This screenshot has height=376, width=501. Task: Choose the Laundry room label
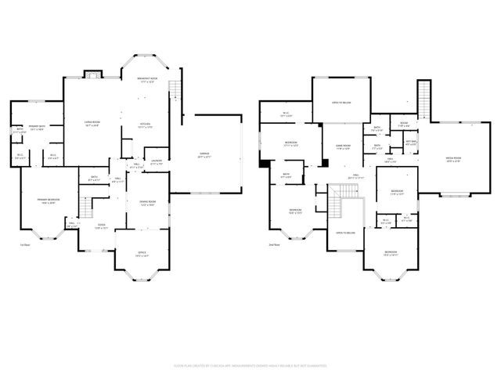(157, 162)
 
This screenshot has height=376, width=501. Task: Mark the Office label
(142, 254)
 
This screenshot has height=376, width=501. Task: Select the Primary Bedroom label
(49, 201)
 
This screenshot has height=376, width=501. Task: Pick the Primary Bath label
(37, 127)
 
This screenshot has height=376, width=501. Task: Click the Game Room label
(343, 146)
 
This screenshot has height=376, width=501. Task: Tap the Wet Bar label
(410, 143)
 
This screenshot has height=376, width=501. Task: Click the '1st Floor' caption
(24, 244)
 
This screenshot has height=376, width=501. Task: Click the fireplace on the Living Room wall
(93, 75)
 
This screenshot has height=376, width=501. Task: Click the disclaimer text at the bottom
(250, 364)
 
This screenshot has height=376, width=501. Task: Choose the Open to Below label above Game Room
(340, 103)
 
